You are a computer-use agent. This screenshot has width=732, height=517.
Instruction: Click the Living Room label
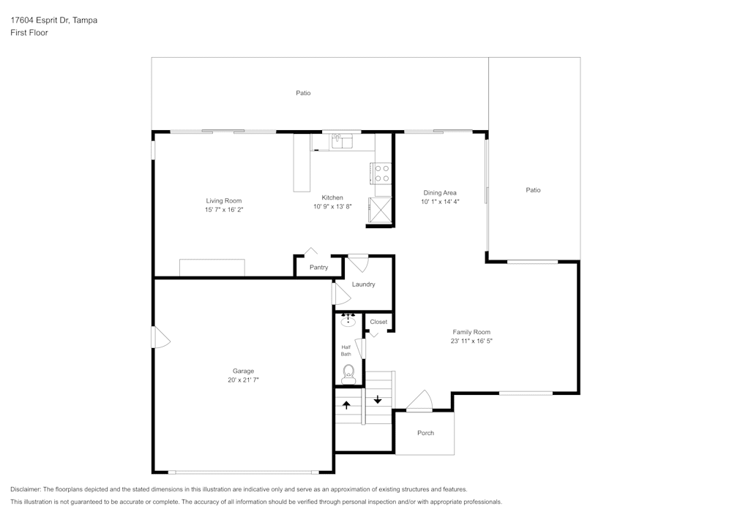click(223, 200)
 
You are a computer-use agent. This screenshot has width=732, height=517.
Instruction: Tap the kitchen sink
click(341, 140)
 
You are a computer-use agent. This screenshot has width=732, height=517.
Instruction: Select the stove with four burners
click(381, 173)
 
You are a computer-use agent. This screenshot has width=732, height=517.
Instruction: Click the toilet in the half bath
click(348, 374)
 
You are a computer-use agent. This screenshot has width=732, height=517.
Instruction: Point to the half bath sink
click(348, 320)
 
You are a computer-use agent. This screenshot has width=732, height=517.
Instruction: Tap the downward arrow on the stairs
click(378, 399)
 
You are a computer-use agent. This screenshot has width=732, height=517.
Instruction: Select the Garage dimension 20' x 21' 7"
click(243, 380)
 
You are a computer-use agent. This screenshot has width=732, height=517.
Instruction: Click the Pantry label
click(318, 268)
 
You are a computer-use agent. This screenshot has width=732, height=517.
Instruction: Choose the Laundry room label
click(363, 284)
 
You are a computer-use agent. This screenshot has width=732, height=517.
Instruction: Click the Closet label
click(378, 322)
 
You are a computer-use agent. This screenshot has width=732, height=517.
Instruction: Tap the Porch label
click(425, 433)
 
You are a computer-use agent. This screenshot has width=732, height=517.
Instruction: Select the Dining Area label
click(440, 193)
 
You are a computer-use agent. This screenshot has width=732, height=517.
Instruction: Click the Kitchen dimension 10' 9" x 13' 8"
click(332, 207)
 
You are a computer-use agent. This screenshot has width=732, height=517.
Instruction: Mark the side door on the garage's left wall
click(160, 337)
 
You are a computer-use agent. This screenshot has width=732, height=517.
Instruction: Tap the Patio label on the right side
click(533, 190)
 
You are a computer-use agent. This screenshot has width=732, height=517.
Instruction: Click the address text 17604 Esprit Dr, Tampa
click(53, 20)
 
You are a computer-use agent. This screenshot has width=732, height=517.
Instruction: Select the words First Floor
click(29, 33)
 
